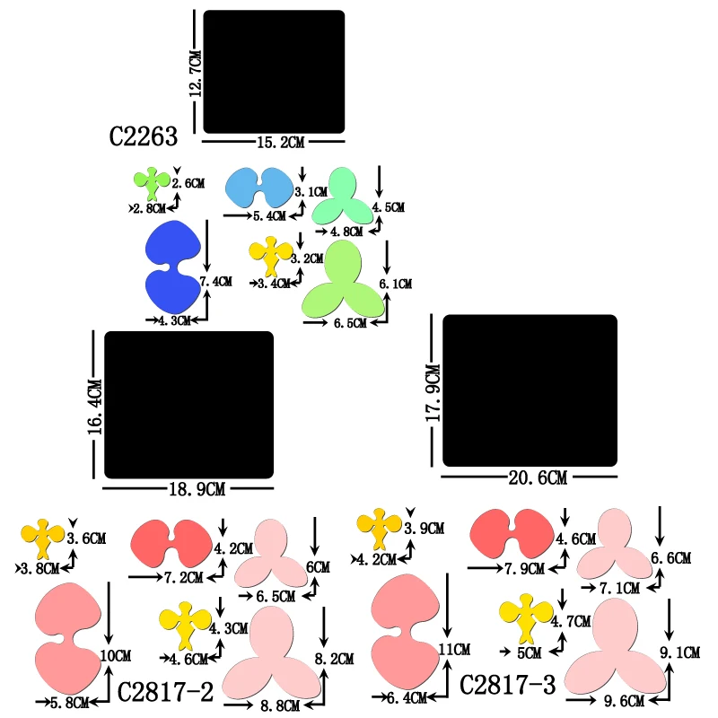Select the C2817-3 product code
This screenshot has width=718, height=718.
(507, 685)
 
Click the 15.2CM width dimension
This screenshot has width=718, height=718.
(275, 143)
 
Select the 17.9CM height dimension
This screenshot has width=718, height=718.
(433, 393)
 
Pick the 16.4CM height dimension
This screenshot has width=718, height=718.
(95, 406)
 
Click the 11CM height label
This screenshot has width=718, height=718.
(455, 648)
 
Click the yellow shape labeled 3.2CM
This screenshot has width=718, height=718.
(271, 256)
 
